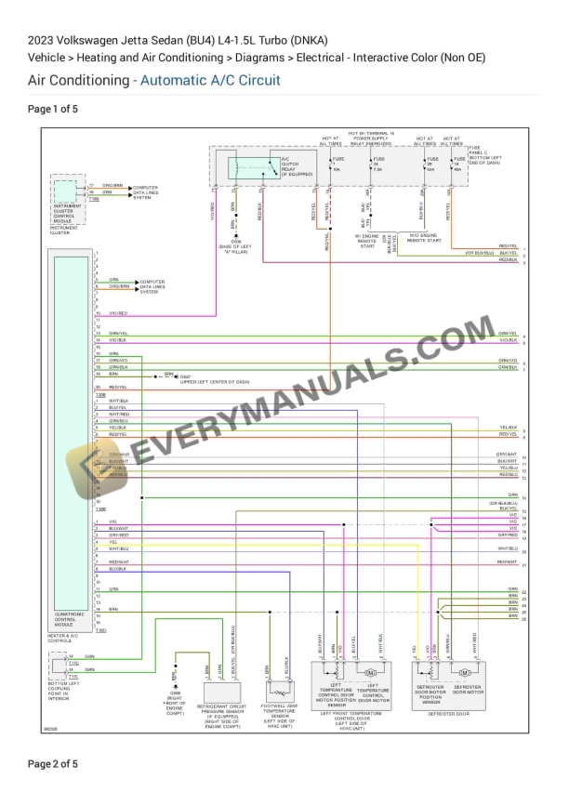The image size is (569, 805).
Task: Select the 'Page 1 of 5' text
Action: point(53,109)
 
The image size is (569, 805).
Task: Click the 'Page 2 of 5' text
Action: point(53,764)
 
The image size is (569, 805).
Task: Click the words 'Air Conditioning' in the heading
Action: point(79,80)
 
